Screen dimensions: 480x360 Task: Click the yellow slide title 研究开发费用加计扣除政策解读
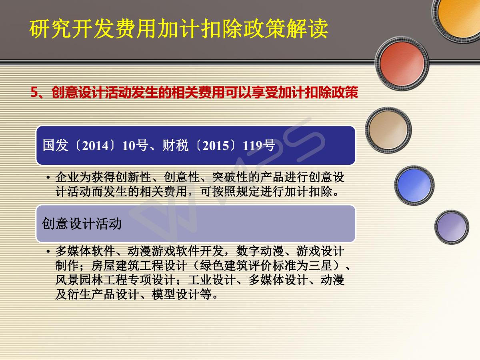179,29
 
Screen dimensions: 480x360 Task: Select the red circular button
402,64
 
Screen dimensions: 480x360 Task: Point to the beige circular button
388,130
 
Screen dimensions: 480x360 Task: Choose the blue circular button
414,185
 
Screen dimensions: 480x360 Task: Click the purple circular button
452,227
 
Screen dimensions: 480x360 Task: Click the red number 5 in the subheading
34,92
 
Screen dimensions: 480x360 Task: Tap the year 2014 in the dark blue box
95,145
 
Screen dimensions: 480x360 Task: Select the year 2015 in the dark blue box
216,145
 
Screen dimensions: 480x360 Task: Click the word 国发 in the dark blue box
55,145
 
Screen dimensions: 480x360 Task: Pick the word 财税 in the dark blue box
175,145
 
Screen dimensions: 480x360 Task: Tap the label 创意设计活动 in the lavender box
82,223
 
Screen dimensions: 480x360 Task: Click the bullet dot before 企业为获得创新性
48,177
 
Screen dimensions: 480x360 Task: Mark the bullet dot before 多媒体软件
48,251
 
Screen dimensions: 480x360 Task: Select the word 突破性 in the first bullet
230,177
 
